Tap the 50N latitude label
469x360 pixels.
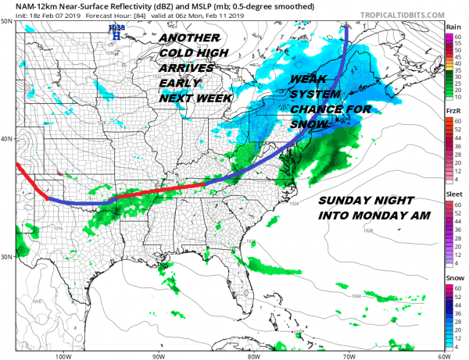tap(7, 23)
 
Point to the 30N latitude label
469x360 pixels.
tap(7, 257)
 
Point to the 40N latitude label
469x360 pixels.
tap(7, 139)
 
